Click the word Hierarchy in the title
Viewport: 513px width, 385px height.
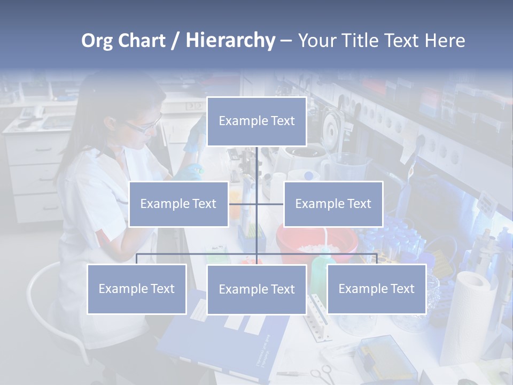(x=230, y=41)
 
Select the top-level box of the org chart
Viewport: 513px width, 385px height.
(x=256, y=121)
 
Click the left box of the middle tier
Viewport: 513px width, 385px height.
(x=178, y=204)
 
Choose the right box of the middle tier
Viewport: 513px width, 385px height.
(x=333, y=204)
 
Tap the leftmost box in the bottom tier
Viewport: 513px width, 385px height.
(x=137, y=289)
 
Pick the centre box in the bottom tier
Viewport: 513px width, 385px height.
(x=256, y=289)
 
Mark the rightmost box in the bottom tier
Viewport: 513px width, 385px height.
(x=376, y=289)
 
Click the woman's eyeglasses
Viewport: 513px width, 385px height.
(x=142, y=126)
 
